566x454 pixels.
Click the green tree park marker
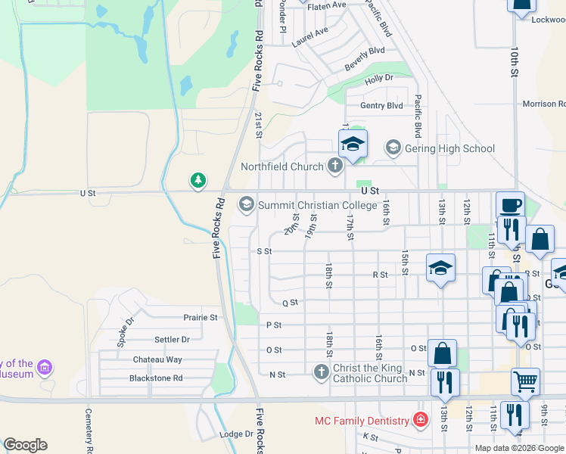click(197, 180)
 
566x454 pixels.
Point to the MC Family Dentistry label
click(361, 420)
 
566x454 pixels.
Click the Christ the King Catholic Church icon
click(321, 372)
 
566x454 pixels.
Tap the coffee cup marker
click(510, 205)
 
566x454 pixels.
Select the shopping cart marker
click(525, 381)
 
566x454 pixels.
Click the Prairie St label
click(201, 318)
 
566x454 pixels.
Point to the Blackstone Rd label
click(156, 378)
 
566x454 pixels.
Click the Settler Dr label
click(172, 340)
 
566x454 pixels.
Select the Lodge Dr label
click(235, 434)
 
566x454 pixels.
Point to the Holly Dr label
click(379, 78)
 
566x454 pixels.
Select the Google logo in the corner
click(26, 445)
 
